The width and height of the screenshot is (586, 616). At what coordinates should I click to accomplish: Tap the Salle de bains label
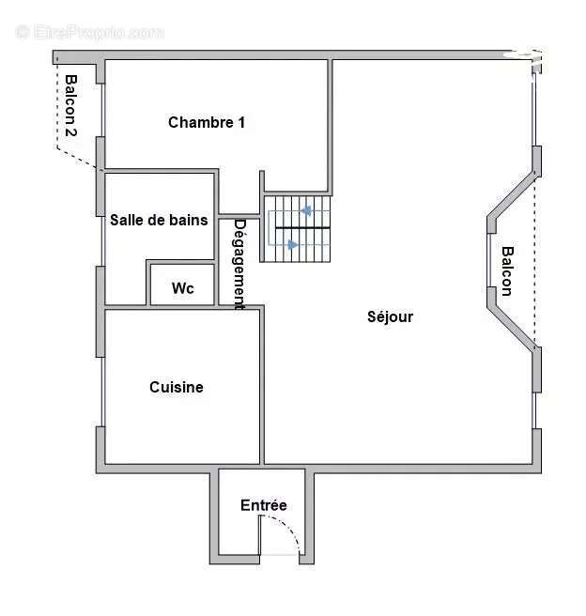159,221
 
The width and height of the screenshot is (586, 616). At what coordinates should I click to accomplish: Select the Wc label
183,288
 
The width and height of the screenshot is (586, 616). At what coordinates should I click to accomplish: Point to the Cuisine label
177,387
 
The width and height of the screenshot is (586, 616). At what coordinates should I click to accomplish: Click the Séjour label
390,316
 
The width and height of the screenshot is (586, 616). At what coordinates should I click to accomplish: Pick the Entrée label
264,505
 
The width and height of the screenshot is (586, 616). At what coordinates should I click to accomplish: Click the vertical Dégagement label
239,264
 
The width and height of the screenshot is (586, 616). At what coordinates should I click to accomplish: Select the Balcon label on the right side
507,270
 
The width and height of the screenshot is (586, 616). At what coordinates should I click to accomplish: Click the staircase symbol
297,228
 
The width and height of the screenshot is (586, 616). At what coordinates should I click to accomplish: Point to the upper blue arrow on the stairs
303,212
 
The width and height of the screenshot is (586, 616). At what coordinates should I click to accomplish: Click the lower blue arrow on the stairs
293,245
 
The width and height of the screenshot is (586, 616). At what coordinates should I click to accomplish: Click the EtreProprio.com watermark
89,32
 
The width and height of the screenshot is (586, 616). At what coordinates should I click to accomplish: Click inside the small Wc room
183,277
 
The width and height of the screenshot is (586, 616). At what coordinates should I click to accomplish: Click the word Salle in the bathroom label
127,221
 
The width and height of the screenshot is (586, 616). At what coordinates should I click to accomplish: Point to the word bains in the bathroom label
189,221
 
